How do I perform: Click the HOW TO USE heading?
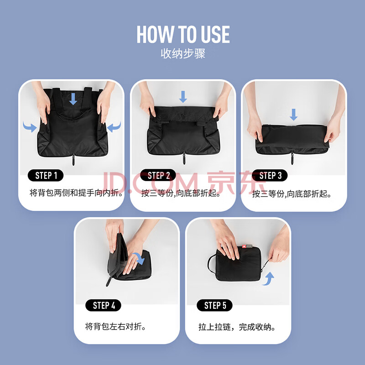pos(183,35)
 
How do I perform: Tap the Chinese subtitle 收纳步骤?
pos(183,53)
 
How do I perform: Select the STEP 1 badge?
pos(46,175)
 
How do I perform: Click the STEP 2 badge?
pos(158,175)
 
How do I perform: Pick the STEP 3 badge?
pos(270,175)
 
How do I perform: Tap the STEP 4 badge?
pos(104,305)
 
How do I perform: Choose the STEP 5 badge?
pos(214,305)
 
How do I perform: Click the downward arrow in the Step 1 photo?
pos(73,99)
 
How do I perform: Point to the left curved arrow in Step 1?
pos(30,127)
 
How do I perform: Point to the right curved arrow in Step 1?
pos(114,127)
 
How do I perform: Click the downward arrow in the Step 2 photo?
pos(183,97)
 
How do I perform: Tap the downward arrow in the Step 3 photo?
pos(293,115)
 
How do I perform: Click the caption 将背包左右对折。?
pos(115,326)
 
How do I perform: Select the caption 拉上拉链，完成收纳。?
pos(237,327)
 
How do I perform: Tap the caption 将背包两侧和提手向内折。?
pos(76,193)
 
